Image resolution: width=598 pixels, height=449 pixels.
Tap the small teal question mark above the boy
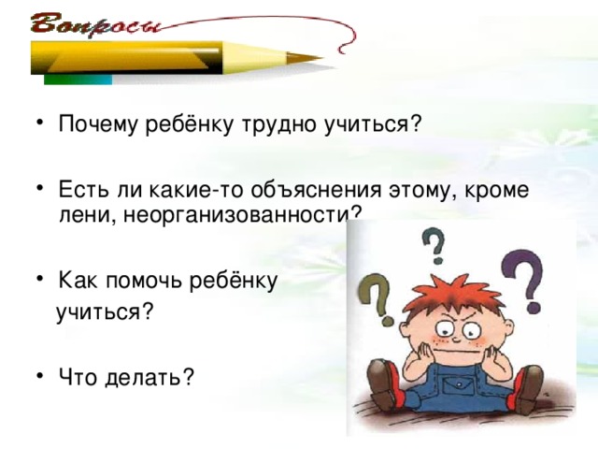[x=434, y=247]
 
